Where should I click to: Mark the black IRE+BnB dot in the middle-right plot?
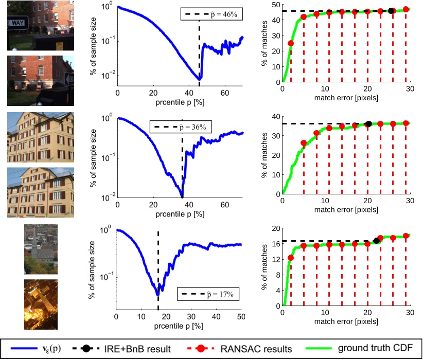(368, 124)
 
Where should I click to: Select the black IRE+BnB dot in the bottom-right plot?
(377, 240)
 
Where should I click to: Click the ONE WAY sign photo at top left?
(41, 25)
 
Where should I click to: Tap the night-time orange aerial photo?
(41, 304)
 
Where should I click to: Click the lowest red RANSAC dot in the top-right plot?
(291, 43)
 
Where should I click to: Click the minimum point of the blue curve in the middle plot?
(182, 196)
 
